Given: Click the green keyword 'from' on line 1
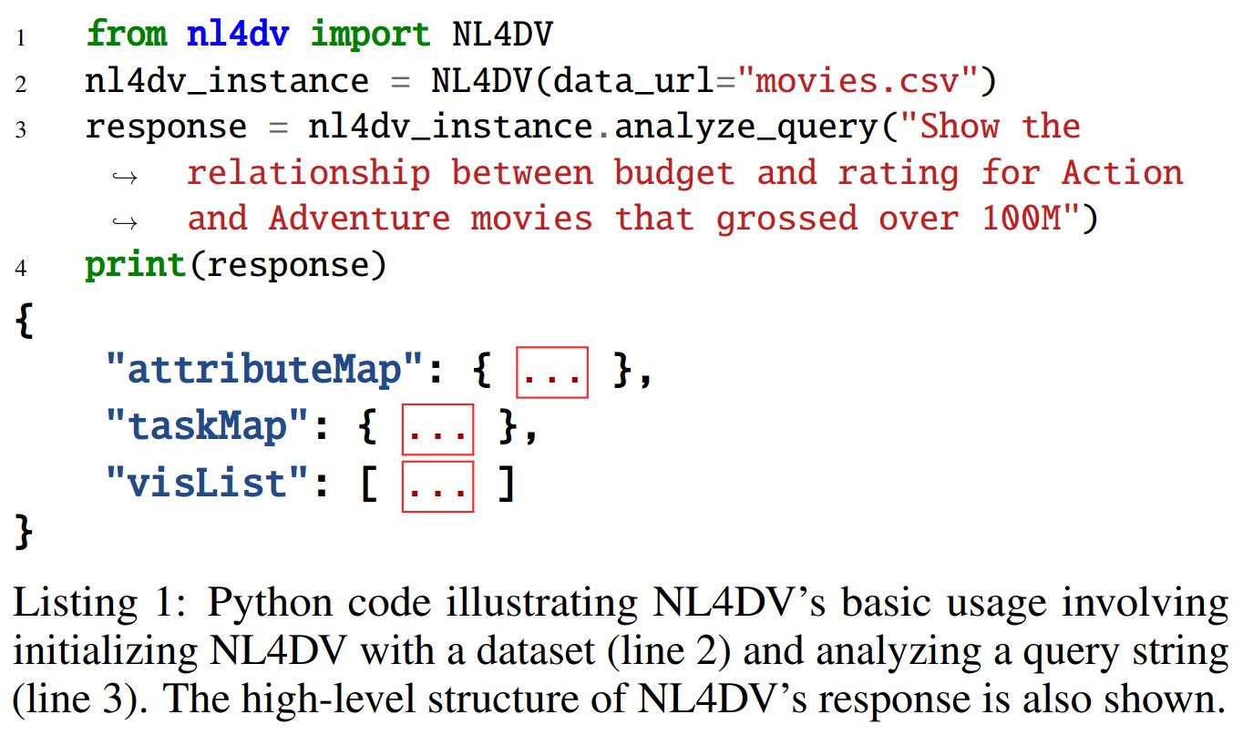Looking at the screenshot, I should pyautogui.click(x=126, y=35).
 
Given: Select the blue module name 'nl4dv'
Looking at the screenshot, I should pyautogui.click(x=238, y=35).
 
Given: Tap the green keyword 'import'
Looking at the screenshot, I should pyautogui.click(x=370, y=35).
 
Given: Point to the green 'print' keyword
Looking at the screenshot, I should pyautogui.click(x=135, y=266).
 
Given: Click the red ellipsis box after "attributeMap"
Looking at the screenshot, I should pyautogui.click(x=552, y=372).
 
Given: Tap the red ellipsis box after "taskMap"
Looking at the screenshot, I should pyautogui.click(x=437, y=429).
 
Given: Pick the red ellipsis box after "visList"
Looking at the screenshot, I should pyautogui.click(x=437, y=486).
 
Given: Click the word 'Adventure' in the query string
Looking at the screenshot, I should pyautogui.click(x=359, y=219).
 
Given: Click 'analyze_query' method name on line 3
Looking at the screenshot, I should pyautogui.click(x=745, y=128).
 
